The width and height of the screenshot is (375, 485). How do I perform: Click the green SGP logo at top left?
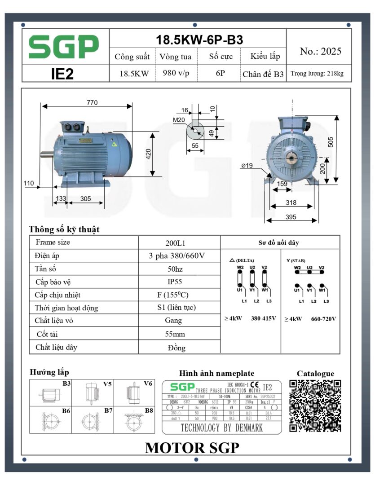coord(64,47)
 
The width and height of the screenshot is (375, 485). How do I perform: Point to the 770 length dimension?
coord(92,103)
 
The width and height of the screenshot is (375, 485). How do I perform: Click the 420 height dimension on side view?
coord(149,154)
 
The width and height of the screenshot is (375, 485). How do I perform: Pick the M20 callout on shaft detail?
coord(179,119)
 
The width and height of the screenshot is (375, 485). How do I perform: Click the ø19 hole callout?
coord(247,166)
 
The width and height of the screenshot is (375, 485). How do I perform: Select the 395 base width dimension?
coord(291,217)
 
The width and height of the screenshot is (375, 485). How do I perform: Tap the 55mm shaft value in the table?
coord(175,334)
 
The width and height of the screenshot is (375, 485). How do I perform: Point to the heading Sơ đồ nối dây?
coord(278,242)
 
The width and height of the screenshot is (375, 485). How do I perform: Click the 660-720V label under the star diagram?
coord(323,319)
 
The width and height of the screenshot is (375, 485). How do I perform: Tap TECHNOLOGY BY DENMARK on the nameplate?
coord(221,428)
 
